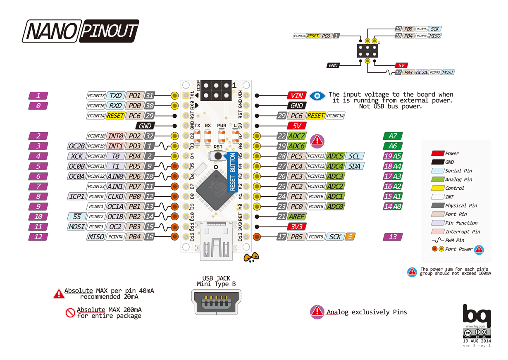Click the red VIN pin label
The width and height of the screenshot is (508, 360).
click(297, 95)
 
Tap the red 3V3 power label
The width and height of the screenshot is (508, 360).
click(297, 226)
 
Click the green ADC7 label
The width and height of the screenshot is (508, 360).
click(296, 136)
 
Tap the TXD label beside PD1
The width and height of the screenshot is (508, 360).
click(116, 95)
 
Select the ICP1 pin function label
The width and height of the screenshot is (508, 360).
click(76, 196)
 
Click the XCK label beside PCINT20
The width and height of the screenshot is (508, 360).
click(76, 156)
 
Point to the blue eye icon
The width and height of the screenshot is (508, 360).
click(317, 95)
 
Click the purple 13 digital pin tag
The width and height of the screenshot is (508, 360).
click(393, 236)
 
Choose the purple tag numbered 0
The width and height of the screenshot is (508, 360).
click(38, 106)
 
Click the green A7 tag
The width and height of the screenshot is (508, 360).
click(393, 136)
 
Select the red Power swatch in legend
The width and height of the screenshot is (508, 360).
click(438, 153)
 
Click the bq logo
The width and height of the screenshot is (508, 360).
click(476, 315)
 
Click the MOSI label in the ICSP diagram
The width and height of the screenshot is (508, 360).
click(448, 72)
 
